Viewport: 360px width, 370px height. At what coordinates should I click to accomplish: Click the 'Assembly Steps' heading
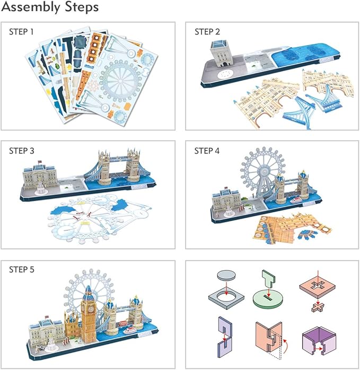50,8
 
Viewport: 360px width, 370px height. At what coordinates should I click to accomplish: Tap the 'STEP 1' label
21,32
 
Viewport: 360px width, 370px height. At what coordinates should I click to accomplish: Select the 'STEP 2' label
207,32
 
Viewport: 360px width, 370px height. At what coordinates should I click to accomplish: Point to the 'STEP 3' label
21,151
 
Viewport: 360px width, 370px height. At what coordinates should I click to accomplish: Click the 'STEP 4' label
207,151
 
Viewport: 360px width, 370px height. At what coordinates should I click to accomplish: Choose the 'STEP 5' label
21,270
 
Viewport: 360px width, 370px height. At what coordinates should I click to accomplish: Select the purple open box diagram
315,338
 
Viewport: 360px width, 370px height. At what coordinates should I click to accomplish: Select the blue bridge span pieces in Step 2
302,109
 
